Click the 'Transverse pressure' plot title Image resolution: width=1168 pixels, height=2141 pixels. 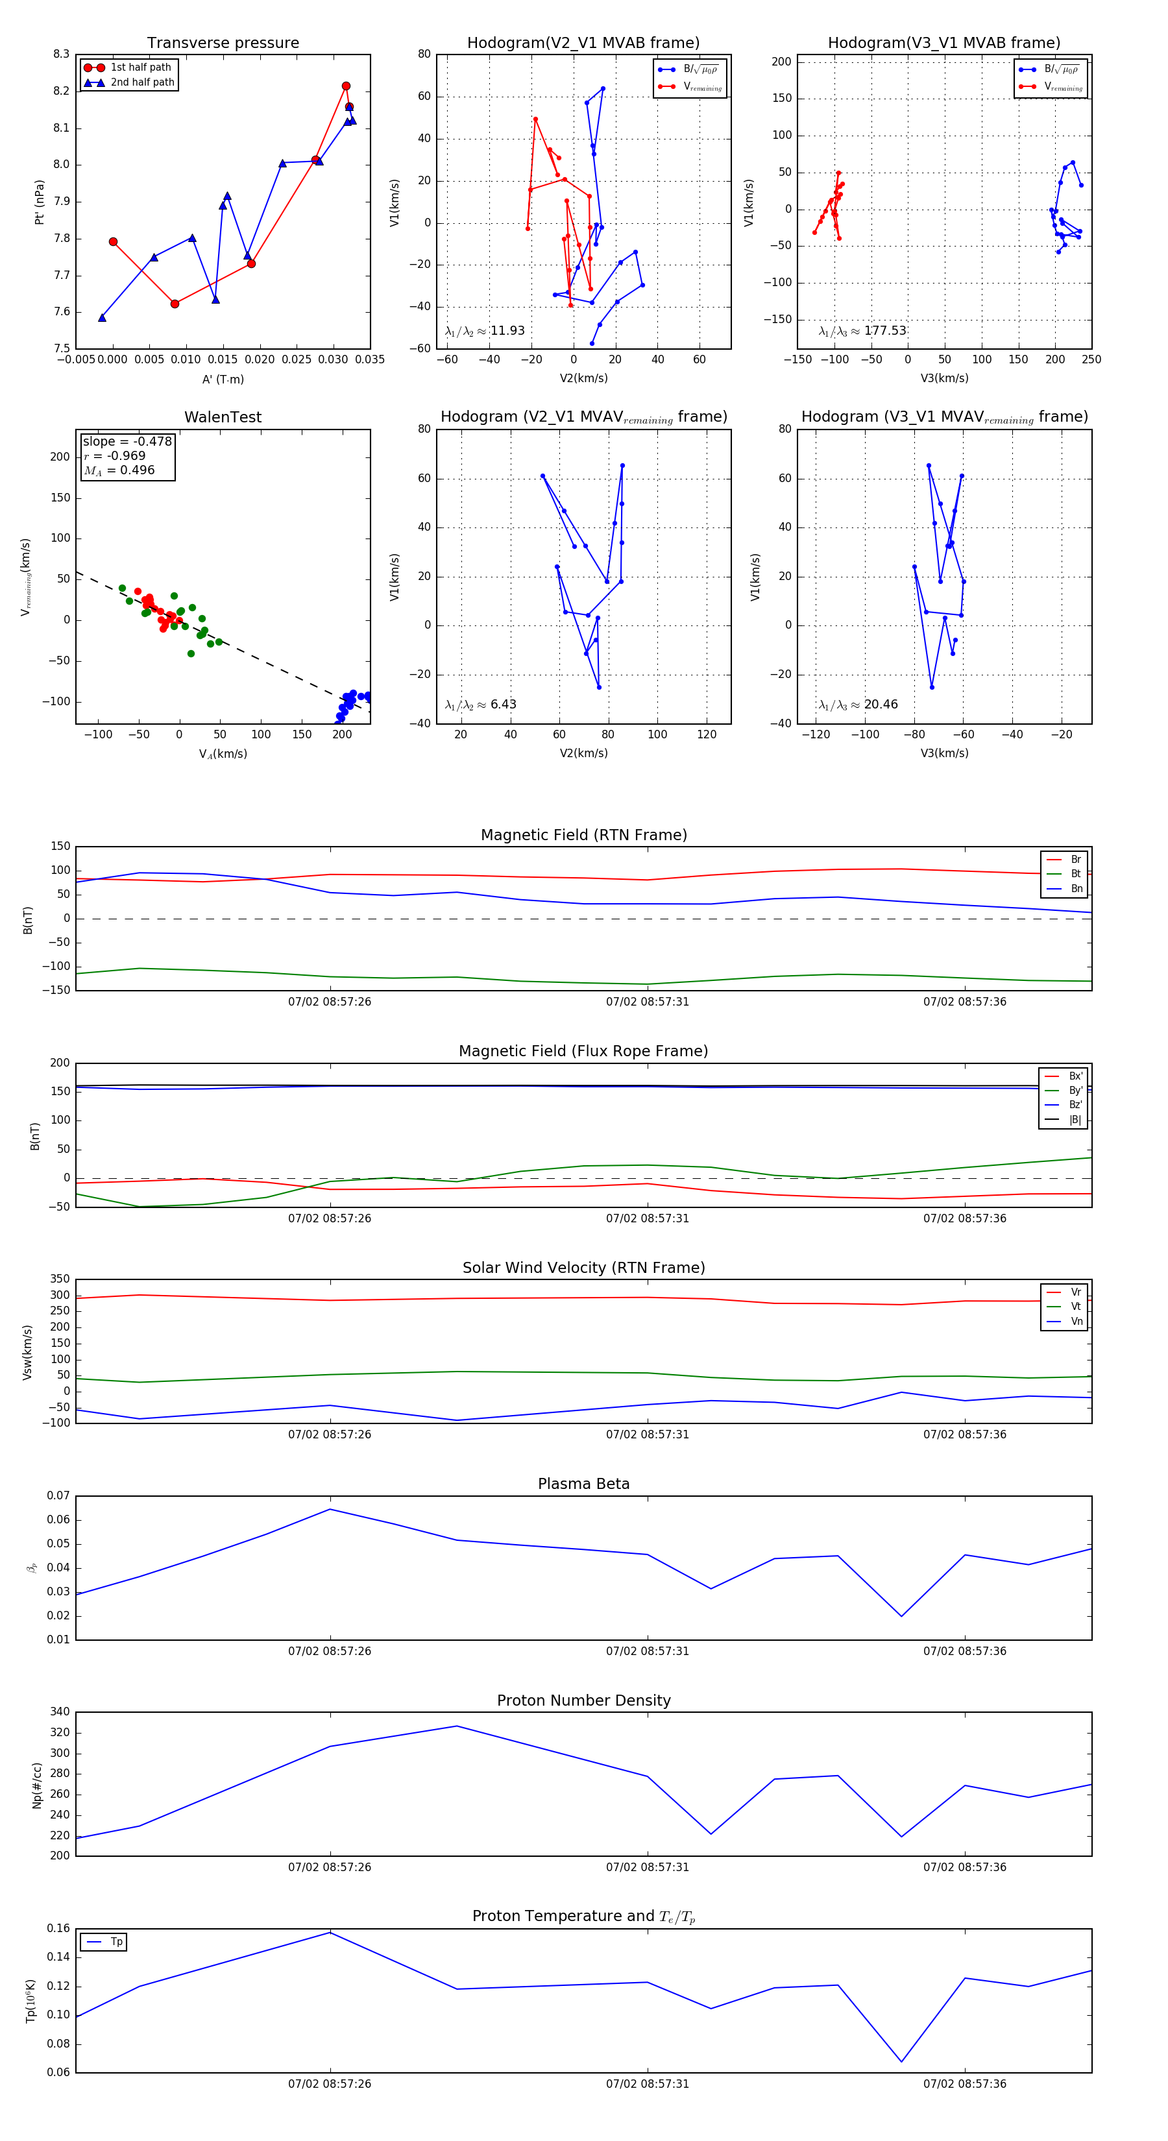pyautogui.click(x=223, y=43)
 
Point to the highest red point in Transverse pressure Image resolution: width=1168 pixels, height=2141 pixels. pyautogui.click(x=346, y=86)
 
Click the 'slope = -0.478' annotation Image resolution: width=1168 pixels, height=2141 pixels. pyautogui.click(x=127, y=441)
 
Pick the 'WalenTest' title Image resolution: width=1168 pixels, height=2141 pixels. pyautogui.click(x=223, y=417)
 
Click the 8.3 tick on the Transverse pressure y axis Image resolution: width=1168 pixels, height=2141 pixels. pyautogui.click(x=62, y=54)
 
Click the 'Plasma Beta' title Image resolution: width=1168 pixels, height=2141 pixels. pyautogui.click(x=583, y=1484)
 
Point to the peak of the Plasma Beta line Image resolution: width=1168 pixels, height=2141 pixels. pyautogui.click(x=330, y=1509)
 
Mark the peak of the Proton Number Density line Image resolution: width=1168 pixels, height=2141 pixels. pyautogui.click(x=456, y=1726)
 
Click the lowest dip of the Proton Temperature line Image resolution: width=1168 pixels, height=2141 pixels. pyautogui.click(x=901, y=2061)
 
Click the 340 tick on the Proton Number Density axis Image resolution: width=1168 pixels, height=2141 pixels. pyautogui.click(x=60, y=1712)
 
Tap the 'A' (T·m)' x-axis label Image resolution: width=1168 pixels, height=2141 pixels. pyautogui.click(x=223, y=379)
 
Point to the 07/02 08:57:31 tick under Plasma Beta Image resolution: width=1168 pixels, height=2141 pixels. pyautogui.click(x=648, y=1651)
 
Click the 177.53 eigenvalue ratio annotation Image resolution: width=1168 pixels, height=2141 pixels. pyautogui.click(x=884, y=331)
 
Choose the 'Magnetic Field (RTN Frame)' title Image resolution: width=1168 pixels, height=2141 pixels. pyautogui.click(x=583, y=835)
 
